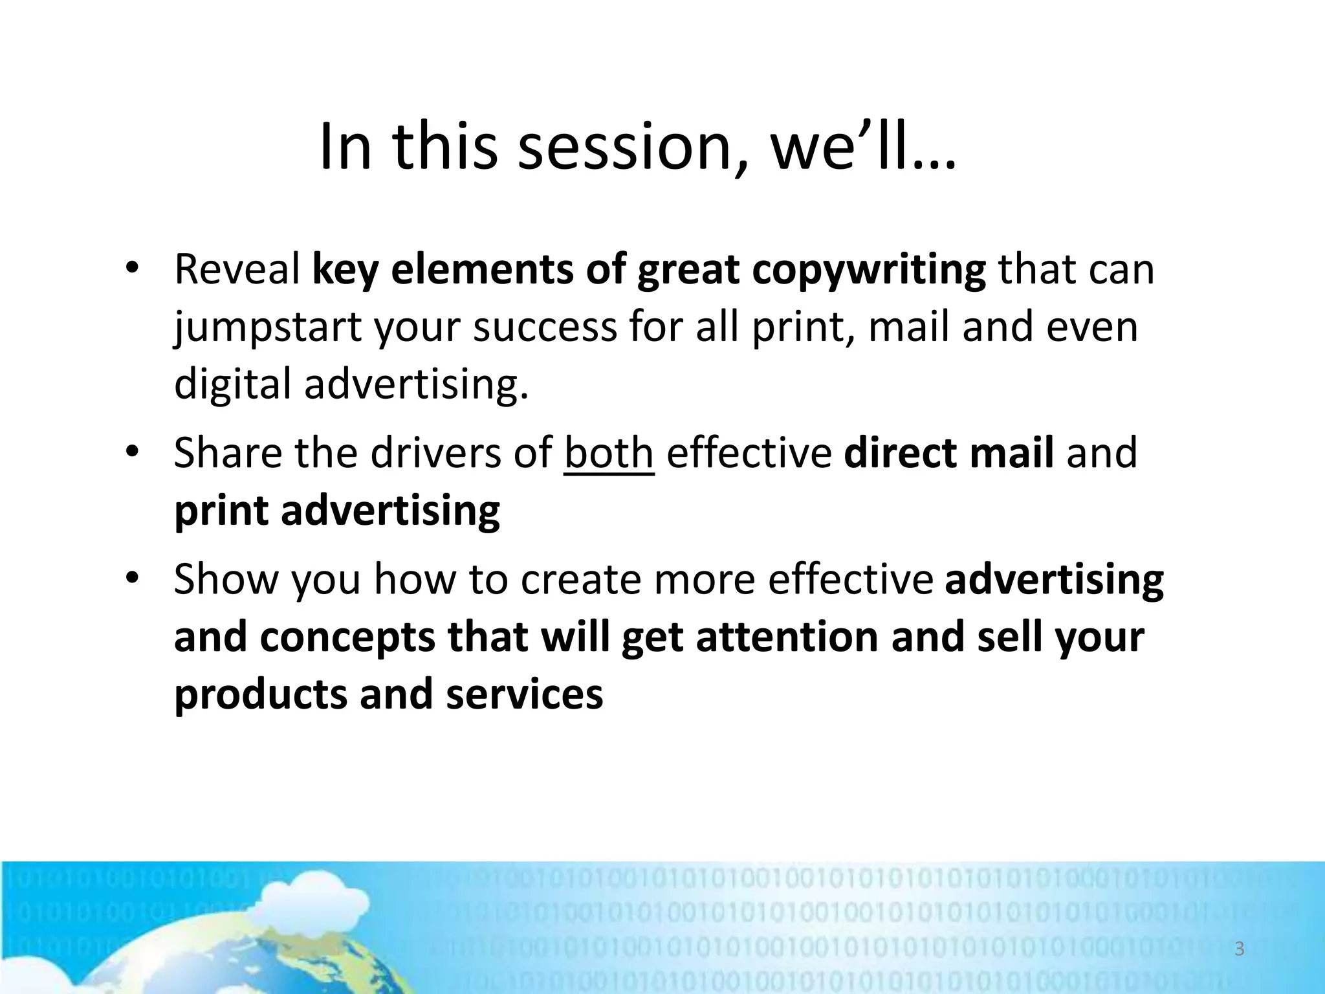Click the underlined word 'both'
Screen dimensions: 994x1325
click(609, 453)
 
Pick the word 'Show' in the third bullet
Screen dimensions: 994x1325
click(226, 579)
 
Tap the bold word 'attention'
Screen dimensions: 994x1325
click(786, 637)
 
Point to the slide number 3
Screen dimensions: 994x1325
click(1240, 949)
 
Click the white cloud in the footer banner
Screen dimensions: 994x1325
click(304, 903)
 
